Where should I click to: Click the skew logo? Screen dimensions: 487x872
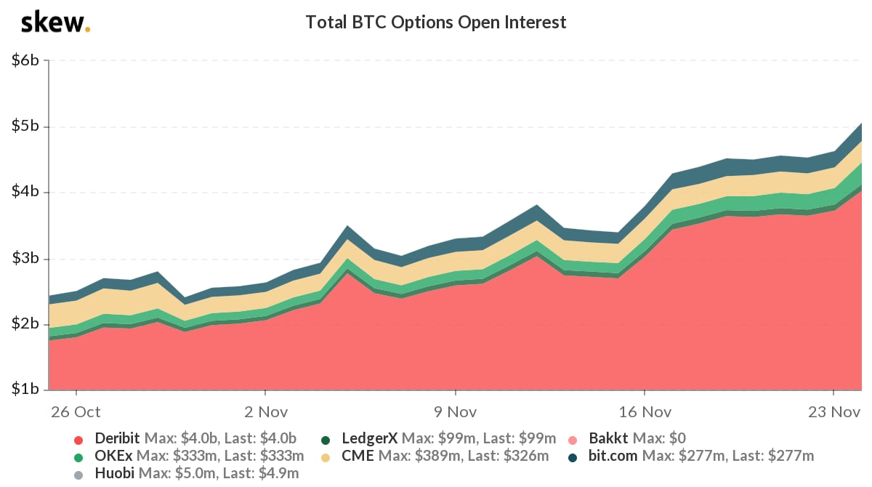[55, 23]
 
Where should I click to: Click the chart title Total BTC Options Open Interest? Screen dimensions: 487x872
[435, 23]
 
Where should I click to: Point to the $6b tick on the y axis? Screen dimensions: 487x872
[25, 61]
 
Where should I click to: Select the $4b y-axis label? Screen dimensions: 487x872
[25, 193]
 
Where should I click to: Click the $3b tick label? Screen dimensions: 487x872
[25, 259]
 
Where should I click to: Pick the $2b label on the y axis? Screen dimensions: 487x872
[25, 324]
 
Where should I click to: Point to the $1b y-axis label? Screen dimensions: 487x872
[25, 390]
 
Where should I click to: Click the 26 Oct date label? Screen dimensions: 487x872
[76, 411]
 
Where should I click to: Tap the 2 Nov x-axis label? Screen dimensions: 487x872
[265, 411]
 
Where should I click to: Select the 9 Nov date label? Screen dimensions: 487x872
[455, 411]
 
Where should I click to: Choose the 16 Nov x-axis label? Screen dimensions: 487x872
[644, 411]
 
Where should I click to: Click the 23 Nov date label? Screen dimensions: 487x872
[833, 411]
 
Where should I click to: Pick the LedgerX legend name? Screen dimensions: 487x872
[369, 438]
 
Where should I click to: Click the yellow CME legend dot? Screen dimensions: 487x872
[326, 456]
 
